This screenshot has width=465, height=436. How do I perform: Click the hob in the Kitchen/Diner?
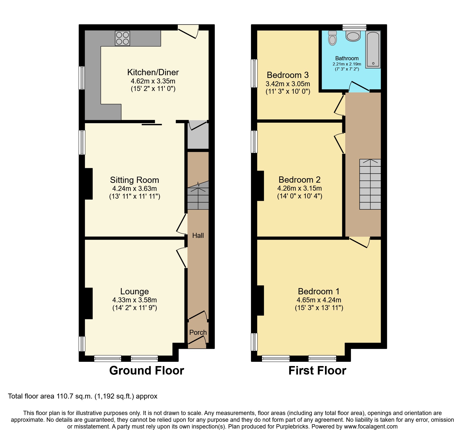click(122, 38)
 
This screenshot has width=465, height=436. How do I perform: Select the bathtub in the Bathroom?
click(373, 49)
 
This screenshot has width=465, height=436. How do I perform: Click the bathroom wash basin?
click(353, 36)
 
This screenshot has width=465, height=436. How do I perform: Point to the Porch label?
click(198, 332)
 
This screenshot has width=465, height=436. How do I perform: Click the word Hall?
click(198, 235)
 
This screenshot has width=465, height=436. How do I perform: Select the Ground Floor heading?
click(146, 370)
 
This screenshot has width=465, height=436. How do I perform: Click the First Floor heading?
click(317, 370)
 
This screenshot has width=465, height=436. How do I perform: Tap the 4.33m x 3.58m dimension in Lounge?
click(134, 300)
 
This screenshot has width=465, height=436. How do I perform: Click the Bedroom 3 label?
click(287, 75)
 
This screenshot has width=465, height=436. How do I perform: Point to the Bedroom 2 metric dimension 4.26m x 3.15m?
click(299, 188)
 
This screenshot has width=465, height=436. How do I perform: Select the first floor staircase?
click(370, 184)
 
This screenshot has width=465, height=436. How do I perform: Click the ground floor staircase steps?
click(198, 196)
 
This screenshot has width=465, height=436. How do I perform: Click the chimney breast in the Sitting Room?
click(88, 184)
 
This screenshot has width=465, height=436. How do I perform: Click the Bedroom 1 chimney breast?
click(260, 300)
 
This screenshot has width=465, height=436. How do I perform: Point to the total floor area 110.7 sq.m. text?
click(82, 396)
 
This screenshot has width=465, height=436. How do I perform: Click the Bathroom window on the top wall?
click(354, 27)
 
